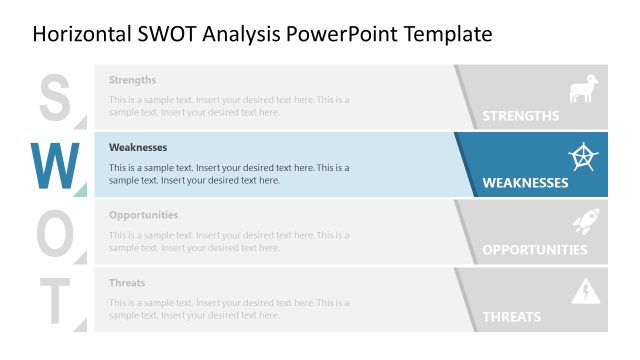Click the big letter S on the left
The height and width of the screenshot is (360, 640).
coord(55,97)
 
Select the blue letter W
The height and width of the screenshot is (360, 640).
coord(55,165)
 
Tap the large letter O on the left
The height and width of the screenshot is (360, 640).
coord(55,232)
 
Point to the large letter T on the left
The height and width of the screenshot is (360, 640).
coord(55,300)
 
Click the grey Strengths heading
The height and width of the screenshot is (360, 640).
coord(133,80)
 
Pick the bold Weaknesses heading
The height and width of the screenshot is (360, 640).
coord(138,148)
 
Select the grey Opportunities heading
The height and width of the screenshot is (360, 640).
coord(144,215)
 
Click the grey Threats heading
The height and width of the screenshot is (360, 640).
coord(127,283)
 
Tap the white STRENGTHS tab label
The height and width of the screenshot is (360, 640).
coord(520,116)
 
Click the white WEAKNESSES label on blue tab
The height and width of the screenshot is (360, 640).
coord(525,183)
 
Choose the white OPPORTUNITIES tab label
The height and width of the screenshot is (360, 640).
coord(534,250)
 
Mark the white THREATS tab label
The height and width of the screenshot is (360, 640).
coord(511,317)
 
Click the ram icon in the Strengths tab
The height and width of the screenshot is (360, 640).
coord(583,89)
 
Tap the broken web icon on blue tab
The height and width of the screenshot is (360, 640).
coord(582,156)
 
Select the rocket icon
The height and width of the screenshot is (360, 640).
coord(584,223)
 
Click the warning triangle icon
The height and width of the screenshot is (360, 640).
coord(584,291)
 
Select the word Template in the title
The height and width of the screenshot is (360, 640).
coord(448,35)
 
